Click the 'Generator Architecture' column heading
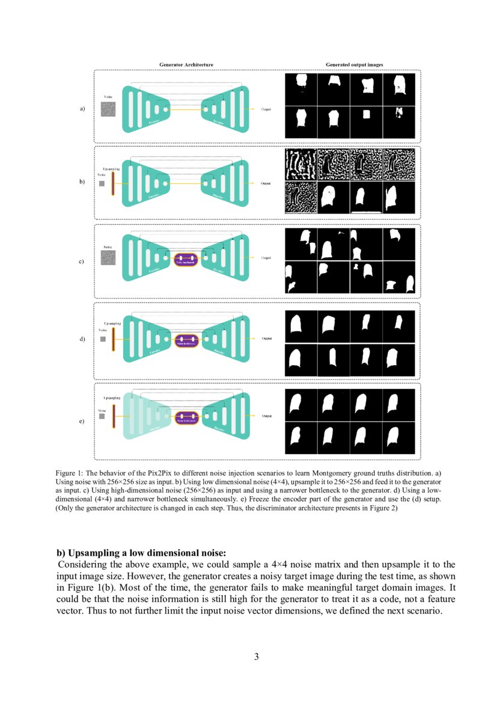click(x=186, y=64)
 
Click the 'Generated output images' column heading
click(x=354, y=64)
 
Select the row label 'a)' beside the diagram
click(x=82, y=109)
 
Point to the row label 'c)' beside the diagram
click(x=82, y=262)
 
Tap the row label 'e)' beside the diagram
click(x=82, y=422)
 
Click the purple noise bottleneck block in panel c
click(x=186, y=260)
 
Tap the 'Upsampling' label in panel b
click(x=112, y=170)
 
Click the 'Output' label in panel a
click(x=266, y=109)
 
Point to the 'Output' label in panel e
click(x=266, y=416)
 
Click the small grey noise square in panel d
click(x=103, y=339)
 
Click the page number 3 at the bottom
click(x=257, y=656)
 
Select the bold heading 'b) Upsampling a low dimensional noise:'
click(x=141, y=553)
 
